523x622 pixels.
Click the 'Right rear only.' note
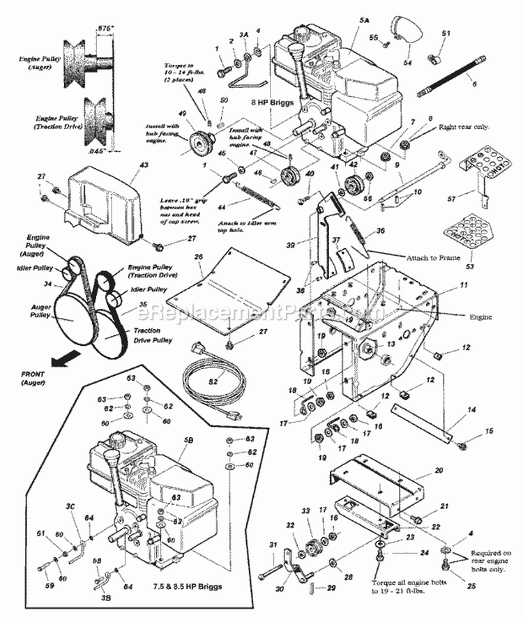[x=464, y=128]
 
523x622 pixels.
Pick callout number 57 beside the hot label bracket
[x=452, y=199]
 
